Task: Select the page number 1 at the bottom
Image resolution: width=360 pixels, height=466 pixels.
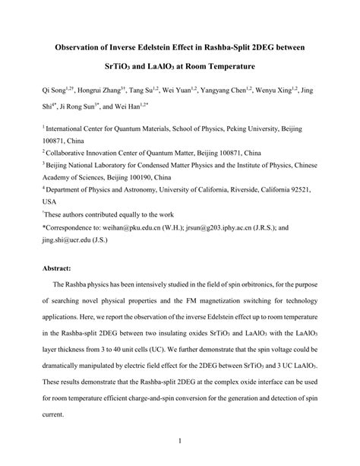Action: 180,439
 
